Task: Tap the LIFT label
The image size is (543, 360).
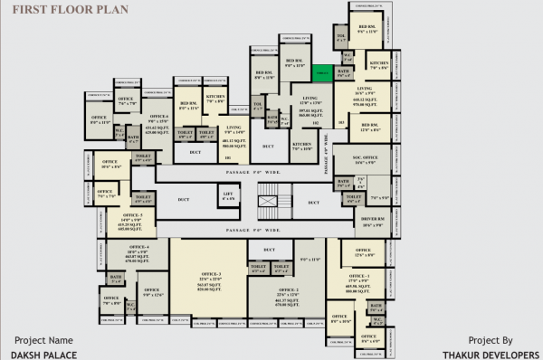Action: pos(228,194)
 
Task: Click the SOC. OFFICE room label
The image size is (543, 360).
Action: pos(366,159)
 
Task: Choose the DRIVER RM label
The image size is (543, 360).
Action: pos(361,223)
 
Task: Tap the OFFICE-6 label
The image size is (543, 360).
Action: pos(159,117)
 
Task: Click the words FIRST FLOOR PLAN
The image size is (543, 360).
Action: pos(53,11)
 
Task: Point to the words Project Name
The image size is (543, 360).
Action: pos(43,340)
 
